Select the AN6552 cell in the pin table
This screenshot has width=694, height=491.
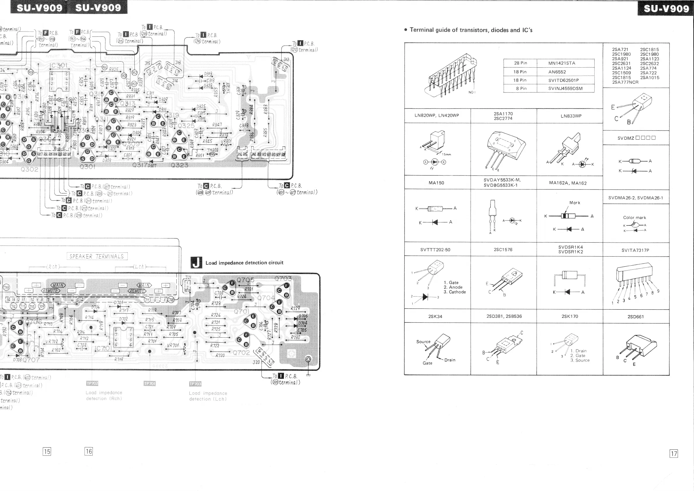tap(557, 72)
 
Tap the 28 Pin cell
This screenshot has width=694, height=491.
tap(520, 63)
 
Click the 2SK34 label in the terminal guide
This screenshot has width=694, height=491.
tap(435, 317)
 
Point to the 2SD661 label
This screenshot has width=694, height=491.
tap(635, 317)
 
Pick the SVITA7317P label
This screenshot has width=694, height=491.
tap(635, 250)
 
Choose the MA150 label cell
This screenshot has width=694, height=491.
tap(436, 183)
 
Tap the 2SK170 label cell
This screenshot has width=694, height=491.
tap(570, 317)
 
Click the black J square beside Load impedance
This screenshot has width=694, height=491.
tap(196, 263)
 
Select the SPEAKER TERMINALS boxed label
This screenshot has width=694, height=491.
tap(97, 256)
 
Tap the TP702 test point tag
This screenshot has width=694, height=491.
tap(92, 383)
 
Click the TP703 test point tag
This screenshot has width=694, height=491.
tap(195, 384)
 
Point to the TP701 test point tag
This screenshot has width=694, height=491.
tap(150, 384)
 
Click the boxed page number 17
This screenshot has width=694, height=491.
tap(674, 453)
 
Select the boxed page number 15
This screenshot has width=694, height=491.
tap(47, 452)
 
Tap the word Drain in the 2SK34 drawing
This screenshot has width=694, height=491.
tap(449, 360)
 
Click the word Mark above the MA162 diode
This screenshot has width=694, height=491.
tap(574, 203)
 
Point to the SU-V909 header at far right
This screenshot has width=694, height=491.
tap(666, 8)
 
